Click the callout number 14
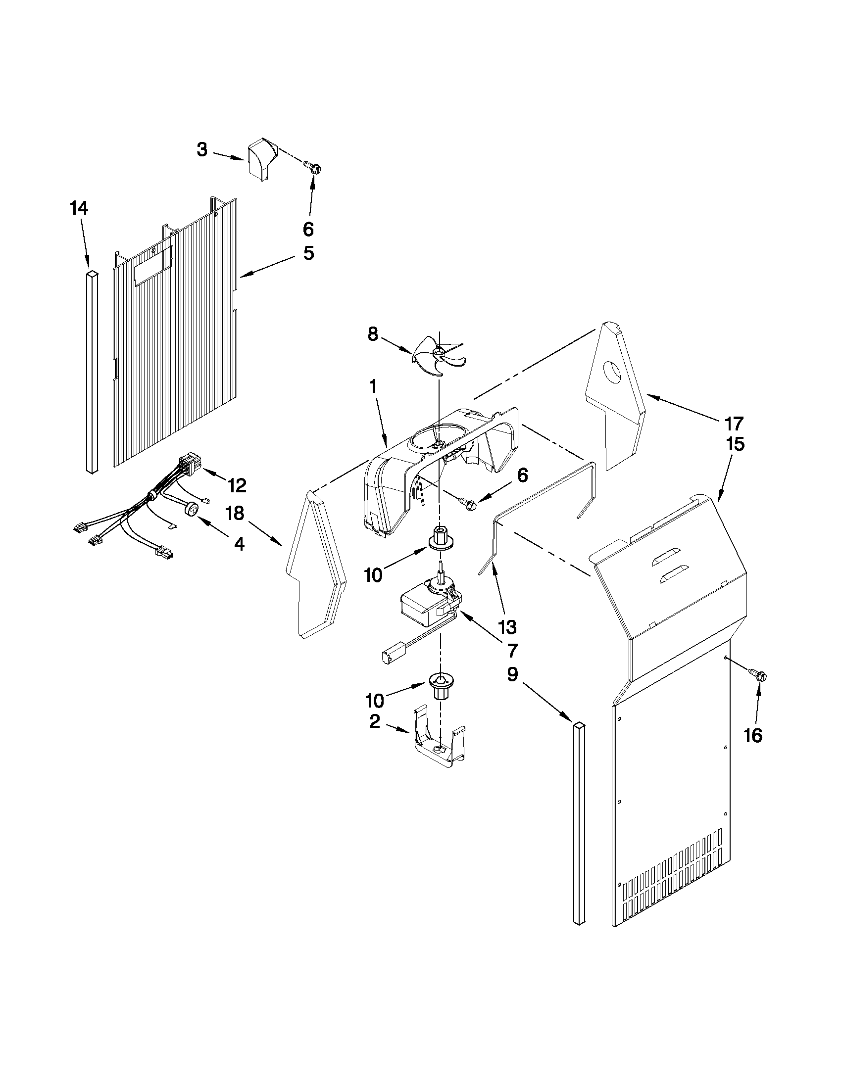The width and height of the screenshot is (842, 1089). click(79, 208)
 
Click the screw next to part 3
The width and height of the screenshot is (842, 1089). click(314, 169)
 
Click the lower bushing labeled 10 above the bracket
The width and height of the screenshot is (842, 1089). click(439, 685)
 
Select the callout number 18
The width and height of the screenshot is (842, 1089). click(235, 513)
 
